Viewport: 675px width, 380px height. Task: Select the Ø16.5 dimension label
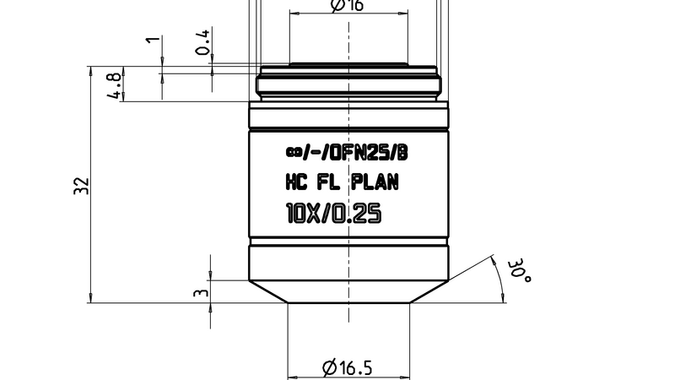pos(348,367)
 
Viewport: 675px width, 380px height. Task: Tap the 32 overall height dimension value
pos(80,186)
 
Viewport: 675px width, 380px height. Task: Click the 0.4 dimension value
pos(202,41)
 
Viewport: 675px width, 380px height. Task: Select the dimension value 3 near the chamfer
pos(200,293)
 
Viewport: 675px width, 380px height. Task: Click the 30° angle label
pos(518,270)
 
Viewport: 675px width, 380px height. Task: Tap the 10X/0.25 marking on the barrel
pos(334,214)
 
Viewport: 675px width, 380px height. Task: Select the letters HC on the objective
pos(298,182)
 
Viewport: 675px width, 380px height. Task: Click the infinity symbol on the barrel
pos(293,153)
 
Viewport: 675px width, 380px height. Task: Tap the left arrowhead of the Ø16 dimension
pos(294,14)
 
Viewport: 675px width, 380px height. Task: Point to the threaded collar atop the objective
pos(348,84)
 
